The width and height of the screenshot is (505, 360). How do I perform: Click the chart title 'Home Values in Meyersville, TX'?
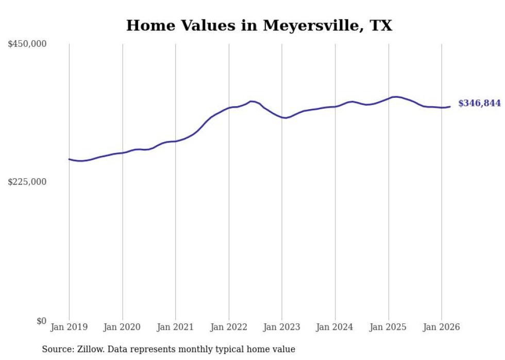(259, 25)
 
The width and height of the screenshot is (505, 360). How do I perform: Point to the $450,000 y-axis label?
(27, 44)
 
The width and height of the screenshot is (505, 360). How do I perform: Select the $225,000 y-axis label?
(27, 182)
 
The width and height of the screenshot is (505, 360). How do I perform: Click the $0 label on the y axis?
(41, 321)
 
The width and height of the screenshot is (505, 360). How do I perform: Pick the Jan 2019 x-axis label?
(69, 327)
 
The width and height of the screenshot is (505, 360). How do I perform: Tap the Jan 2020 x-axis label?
(122, 327)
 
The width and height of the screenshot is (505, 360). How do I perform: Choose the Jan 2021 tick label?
(176, 327)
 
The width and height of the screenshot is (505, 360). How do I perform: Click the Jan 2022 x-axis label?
(229, 327)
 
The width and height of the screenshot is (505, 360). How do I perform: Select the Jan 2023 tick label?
(282, 327)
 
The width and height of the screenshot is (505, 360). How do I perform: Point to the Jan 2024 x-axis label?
(335, 327)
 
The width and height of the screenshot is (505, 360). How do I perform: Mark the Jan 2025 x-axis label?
(389, 327)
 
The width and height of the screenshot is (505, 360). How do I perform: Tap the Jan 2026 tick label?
(442, 327)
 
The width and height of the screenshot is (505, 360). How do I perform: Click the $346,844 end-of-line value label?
(479, 104)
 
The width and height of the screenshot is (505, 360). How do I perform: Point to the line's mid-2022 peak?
(251, 101)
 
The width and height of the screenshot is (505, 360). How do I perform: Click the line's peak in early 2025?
(395, 97)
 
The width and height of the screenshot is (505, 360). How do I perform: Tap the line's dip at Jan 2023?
(285, 118)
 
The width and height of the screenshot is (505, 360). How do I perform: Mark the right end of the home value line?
(450, 107)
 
